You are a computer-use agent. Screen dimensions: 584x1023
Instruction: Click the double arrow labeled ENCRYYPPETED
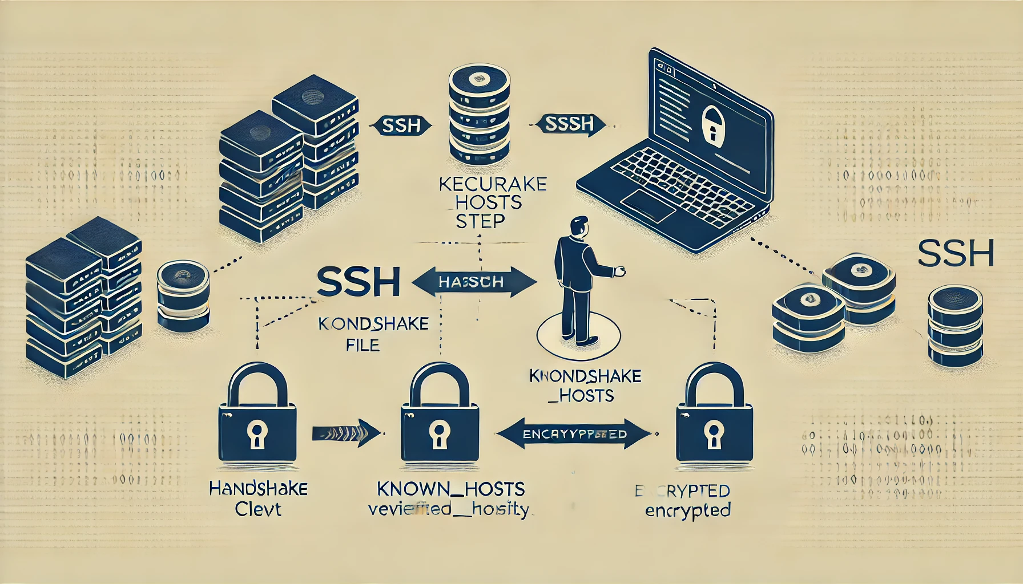(574, 434)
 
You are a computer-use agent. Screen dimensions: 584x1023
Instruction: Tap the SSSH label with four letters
(569, 124)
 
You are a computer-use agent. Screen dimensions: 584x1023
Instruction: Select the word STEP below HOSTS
(480, 221)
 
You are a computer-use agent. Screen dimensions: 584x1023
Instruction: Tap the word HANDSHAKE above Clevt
(259, 489)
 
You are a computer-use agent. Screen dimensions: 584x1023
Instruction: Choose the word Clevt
(258, 509)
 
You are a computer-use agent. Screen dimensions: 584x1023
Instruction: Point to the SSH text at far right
(956, 254)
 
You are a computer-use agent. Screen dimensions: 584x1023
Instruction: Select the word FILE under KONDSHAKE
(363, 344)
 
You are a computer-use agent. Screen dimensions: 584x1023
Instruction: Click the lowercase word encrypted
(688, 510)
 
